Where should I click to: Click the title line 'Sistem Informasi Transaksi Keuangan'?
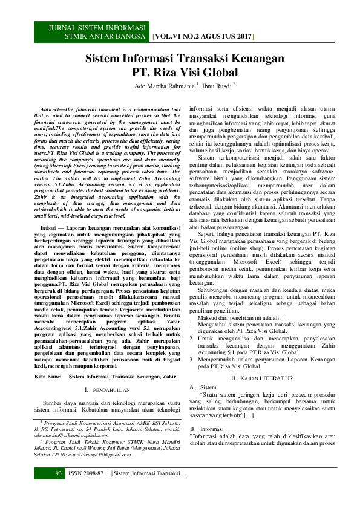point(184,59)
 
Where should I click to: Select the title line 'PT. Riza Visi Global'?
point(184,74)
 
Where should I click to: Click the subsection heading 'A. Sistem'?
point(203,370)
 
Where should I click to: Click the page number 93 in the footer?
point(42,489)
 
